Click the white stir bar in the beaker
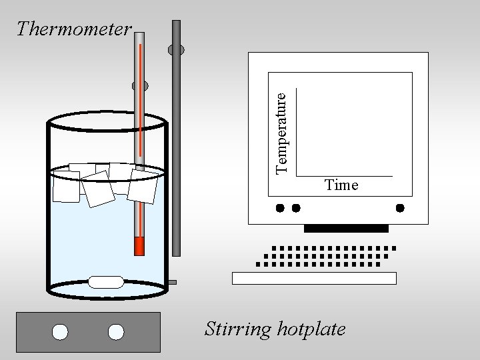pyautogui.click(x=107, y=282)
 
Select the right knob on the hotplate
pyautogui.click(x=116, y=331)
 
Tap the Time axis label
pyautogui.click(x=341, y=185)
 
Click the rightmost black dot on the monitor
pyautogui.click(x=400, y=208)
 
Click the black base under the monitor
pyautogui.click(x=345, y=229)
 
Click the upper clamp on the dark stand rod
pyautogui.click(x=177, y=49)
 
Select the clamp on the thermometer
pyautogui.click(x=140, y=86)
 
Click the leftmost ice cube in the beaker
pyautogui.click(x=66, y=186)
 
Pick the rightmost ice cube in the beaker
pyautogui.click(x=143, y=185)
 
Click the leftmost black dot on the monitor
pyautogui.click(x=281, y=208)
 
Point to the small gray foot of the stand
pyautogui.click(x=172, y=282)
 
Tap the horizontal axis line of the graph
pyautogui.click(x=344, y=176)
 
